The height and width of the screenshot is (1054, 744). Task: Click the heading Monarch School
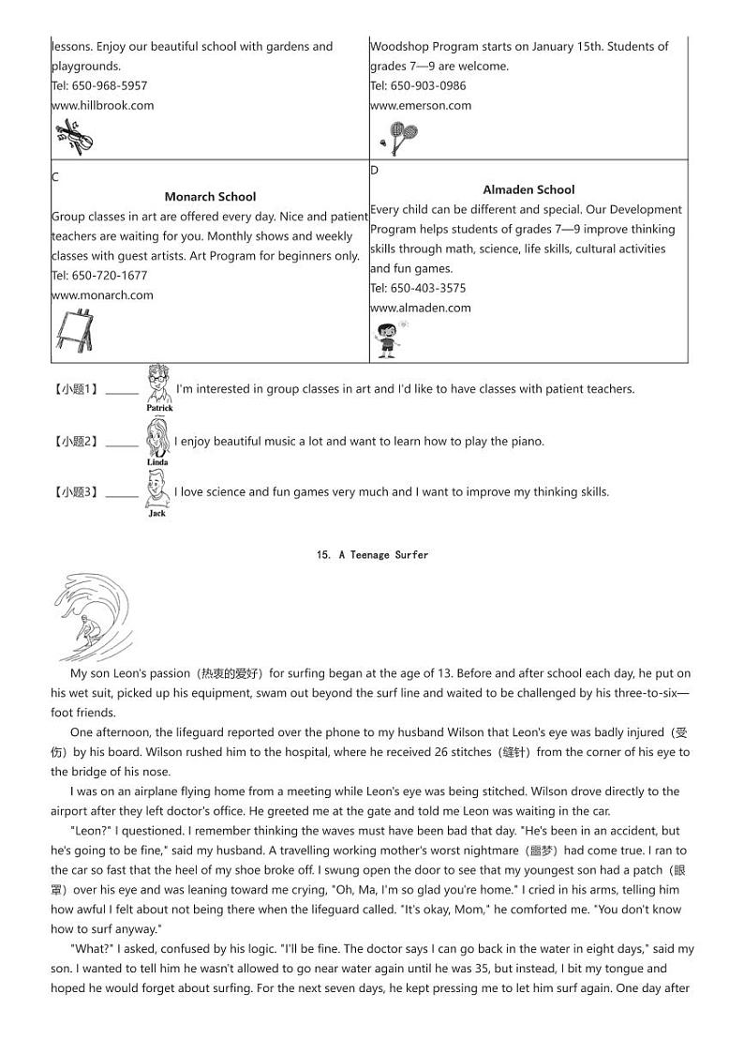pyautogui.click(x=210, y=197)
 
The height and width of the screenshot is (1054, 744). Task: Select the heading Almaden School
pyautogui.click(x=528, y=189)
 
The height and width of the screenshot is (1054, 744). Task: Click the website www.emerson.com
pyautogui.click(x=421, y=105)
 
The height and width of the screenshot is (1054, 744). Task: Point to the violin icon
pyautogui.click(x=74, y=138)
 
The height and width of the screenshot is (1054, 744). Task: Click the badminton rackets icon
pyautogui.click(x=397, y=138)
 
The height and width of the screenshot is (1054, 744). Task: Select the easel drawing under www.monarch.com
pyautogui.click(x=74, y=330)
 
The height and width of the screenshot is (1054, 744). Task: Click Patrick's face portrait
pyautogui.click(x=159, y=383)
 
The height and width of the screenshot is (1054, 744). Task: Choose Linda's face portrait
pyautogui.click(x=157, y=437)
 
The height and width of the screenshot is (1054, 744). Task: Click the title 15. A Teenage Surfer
pyautogui.click(x=372, y=555)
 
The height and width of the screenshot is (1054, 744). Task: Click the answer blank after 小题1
pyautogui.click(x=122, y=390)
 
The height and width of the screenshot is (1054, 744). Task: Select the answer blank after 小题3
pyautogui.click(x=122, y=493)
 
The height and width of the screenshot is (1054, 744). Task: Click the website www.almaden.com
pyautogui.click(x=421, y=308)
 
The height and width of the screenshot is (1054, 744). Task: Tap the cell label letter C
pyautogui.click(x=55, y=177)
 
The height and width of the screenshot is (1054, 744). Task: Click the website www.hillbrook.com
pyautogui.click(x=102, y=105)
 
